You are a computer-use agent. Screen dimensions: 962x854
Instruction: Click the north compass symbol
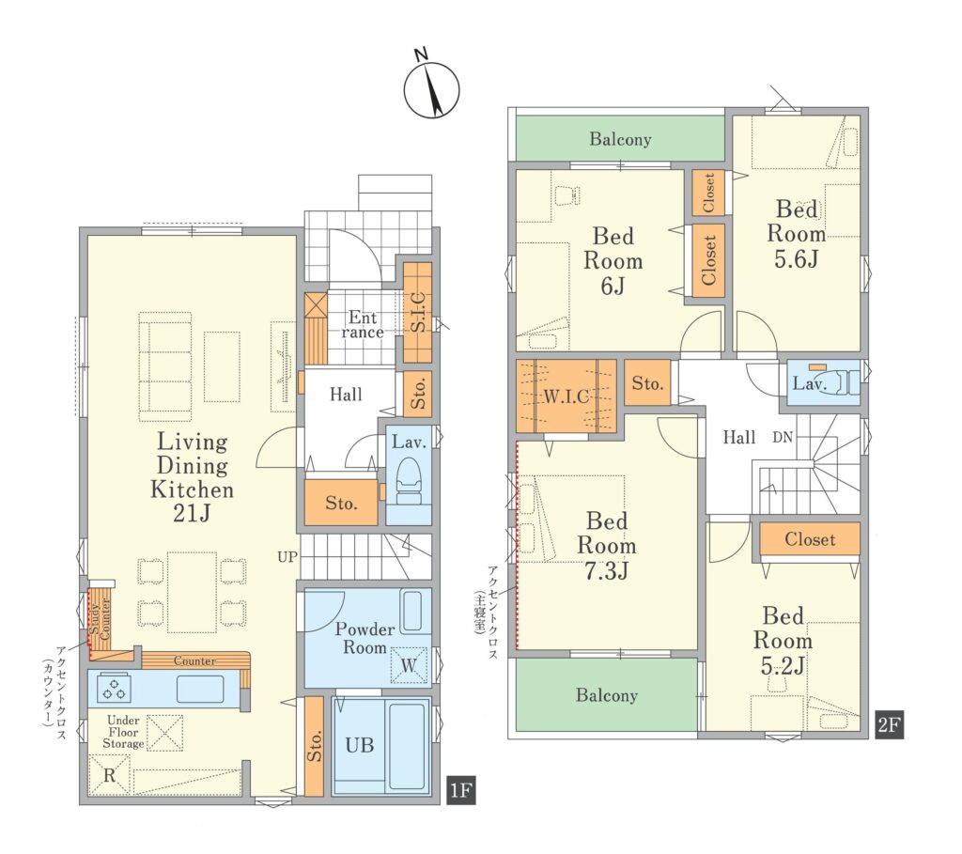click(431, 89)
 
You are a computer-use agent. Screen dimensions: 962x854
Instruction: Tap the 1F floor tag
click(460, 790)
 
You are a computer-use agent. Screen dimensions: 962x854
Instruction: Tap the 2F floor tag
click(889, 724)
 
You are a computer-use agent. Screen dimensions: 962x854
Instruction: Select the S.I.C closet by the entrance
click(417, 312)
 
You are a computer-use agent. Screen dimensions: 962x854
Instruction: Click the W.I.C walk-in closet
click(566, 396)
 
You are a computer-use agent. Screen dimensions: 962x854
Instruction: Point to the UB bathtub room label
click(360, 745)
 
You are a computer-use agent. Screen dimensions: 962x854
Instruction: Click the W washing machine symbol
click(409, 665)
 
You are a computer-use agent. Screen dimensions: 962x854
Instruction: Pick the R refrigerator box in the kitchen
click(109, 775)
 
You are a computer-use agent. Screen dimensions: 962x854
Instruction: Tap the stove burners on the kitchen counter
click(114, 688)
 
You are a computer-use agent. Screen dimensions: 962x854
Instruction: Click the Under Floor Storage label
click(123, 732)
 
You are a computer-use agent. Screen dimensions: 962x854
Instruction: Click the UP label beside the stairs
click(287, 557)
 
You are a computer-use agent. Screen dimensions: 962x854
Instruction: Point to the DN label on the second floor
click(783, 438)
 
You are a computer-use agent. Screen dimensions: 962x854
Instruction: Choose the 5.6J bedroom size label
click(796, 259)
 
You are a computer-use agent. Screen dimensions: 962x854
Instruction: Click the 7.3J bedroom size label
click(606, 570)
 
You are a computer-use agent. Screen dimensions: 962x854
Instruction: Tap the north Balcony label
click(620, 139)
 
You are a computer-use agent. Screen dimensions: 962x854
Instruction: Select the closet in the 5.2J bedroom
click(810, 539)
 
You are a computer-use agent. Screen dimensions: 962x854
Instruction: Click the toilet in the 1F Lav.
click(409, 482)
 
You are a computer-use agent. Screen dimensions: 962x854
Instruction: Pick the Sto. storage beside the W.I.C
click(647, 383)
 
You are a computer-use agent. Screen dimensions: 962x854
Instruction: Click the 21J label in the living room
click(192, 513)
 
